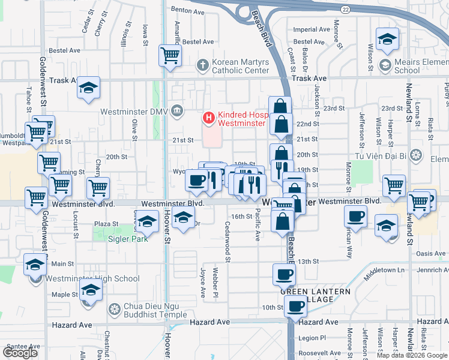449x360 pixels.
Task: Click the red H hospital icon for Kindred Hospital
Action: pos(208,118)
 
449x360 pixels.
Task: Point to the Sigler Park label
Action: pos(127,238)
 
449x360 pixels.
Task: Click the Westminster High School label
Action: pos(94,278)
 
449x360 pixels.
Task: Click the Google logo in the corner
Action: pos(20,353)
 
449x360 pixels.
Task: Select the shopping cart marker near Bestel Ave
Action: pos(170,56)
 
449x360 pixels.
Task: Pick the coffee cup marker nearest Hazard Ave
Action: pos(294,307)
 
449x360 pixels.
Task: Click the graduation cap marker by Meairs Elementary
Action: pos(387,39)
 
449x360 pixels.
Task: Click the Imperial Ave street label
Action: pos(312,29)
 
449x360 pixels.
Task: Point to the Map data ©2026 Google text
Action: pos(411,355)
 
